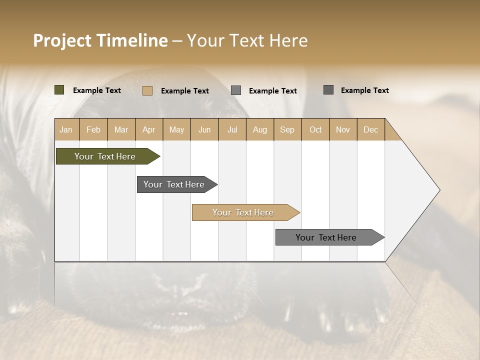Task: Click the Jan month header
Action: (x=66, y=129)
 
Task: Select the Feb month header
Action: (x=93, y=129)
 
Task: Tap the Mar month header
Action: (x=121, y=129)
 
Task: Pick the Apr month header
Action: (x=149, y=129)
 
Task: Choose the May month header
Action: (x=176, y=129)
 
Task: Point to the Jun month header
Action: (x=204, y=129)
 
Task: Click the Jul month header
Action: (x=232, y=129)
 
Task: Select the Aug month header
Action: (x=260, y=129)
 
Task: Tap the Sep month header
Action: (x=287, y=129)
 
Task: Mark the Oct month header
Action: (x=315, y=129)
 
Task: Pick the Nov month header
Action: (x=343, y=129)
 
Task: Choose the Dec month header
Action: (x=371, y=129)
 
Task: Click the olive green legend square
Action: (x=59, y=90)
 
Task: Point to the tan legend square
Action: (x=147, y=90)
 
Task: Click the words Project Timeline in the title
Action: (x=100, y=40)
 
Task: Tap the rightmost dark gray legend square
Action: (x=328, y=90)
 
